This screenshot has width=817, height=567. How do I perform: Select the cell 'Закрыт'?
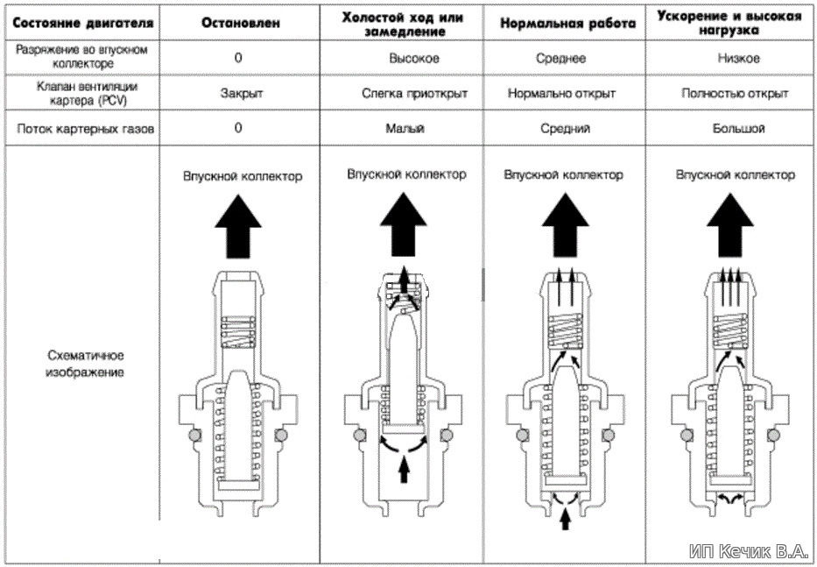(239, 93)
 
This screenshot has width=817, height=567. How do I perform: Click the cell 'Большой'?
(738, 128)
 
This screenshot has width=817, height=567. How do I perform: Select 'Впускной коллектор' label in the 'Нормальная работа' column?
(563, 175)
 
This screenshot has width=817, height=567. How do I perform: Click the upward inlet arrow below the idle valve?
(404, 470)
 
